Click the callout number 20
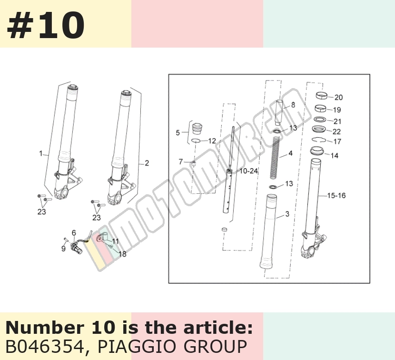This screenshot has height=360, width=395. point(338,97)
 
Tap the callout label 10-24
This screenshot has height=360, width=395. point(248,171)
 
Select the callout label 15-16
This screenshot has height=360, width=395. point(336,195)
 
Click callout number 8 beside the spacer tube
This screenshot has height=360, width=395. point(293,105)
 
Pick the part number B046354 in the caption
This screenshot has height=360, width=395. point(45,347)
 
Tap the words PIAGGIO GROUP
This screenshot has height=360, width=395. point(172,347)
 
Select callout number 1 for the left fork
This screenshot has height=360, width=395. point(41,153)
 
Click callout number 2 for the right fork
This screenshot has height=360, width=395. point(147,163)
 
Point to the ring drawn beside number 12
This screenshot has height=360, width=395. point(196,140)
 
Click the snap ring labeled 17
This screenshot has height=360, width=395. point(319,140)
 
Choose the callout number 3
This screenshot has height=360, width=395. point(287,214)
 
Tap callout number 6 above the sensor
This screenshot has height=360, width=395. point(74,233)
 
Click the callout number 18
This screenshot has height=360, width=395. point(122,254)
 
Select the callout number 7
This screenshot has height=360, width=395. point(181,161)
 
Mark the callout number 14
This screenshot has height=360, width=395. point(334,156)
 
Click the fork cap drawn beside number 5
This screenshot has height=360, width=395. point(197,129)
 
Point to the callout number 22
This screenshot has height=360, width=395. point(336,131)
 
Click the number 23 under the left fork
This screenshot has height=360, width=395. point(42,212)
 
